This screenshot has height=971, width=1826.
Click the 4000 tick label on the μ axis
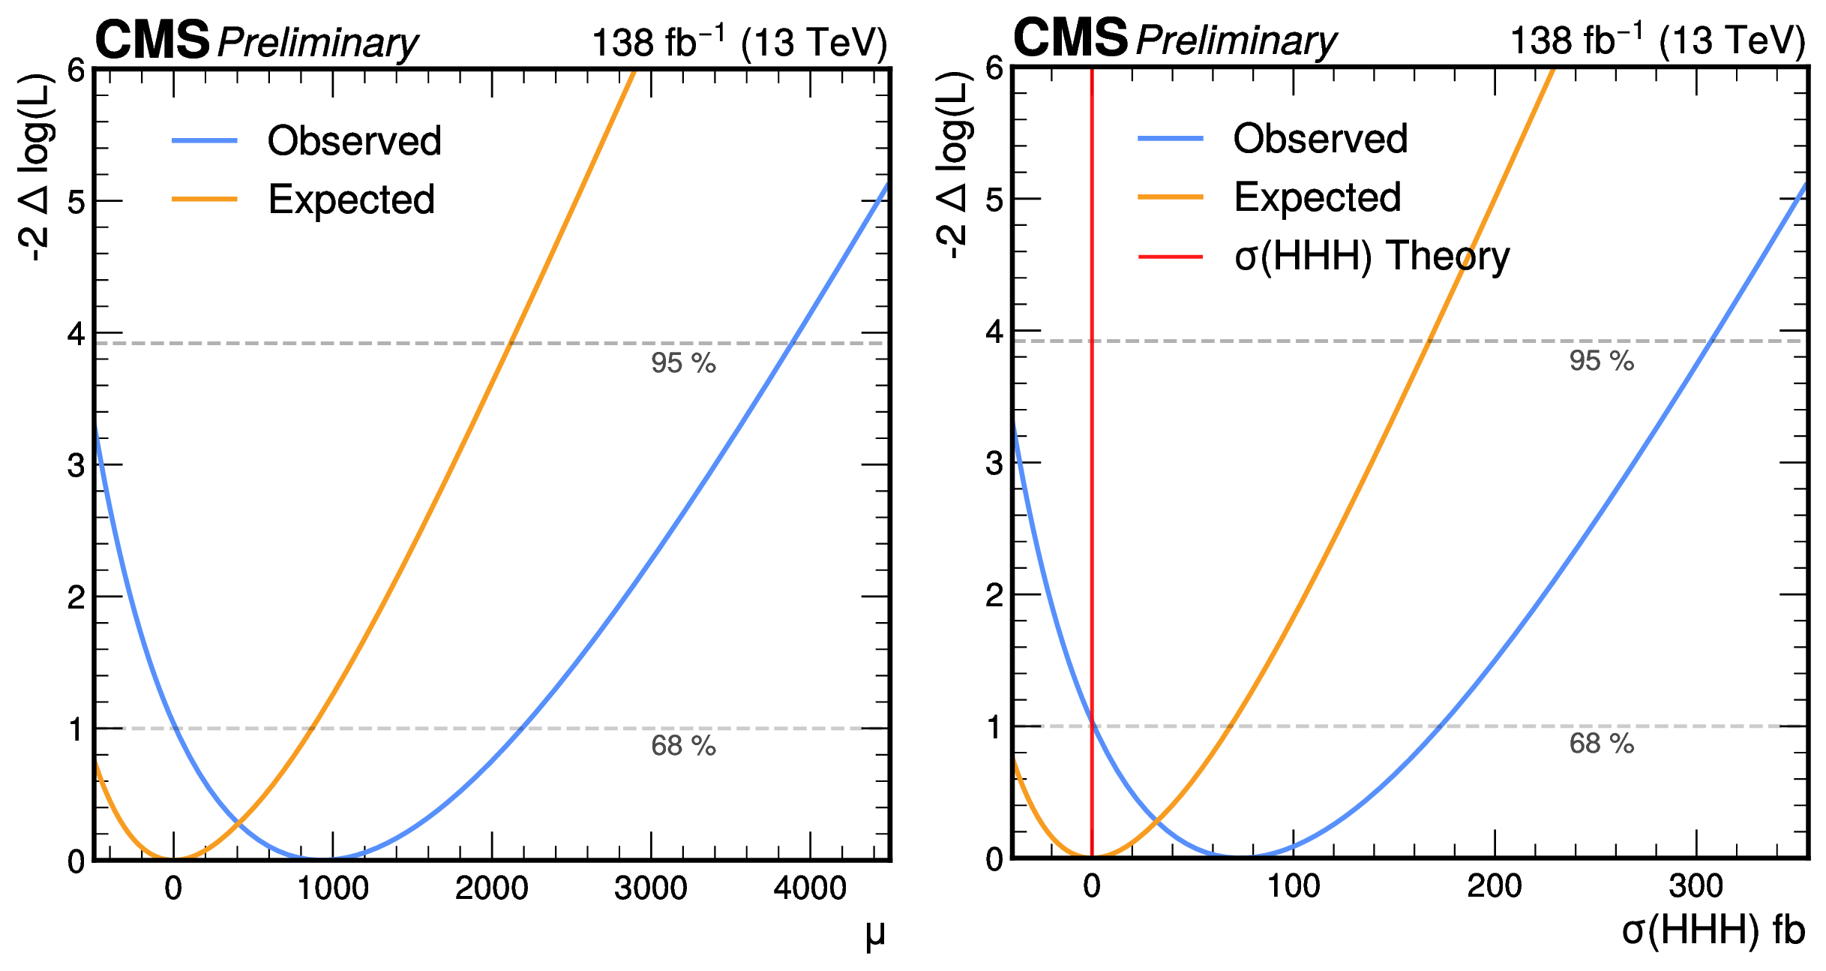coord(810,889)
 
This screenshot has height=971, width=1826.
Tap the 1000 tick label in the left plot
coord(333,889)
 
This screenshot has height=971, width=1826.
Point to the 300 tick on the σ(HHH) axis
coord(1696,887)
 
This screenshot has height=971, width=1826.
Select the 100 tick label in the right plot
coord(1294,887)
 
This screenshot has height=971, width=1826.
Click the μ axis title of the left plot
coord(875,934)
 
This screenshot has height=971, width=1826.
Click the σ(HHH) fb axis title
coord(1713,931)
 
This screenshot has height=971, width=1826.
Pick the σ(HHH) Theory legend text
coord(1372,257)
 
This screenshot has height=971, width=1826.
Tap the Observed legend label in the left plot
coord(355,141)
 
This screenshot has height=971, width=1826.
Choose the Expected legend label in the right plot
coord(1318,197)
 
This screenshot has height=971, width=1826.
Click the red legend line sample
coord(1170,257)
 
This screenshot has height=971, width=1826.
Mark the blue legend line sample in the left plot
coord(204,141)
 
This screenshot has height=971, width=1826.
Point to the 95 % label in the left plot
coord(683,363)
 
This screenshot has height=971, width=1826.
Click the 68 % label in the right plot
coord(1602,744)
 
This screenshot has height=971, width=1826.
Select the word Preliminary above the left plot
coord(318,43)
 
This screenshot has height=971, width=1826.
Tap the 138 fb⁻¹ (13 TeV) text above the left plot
coord(739,43)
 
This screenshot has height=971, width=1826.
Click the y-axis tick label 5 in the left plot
coord(76,202)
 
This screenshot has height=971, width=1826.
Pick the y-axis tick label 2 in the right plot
coord(994,596)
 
